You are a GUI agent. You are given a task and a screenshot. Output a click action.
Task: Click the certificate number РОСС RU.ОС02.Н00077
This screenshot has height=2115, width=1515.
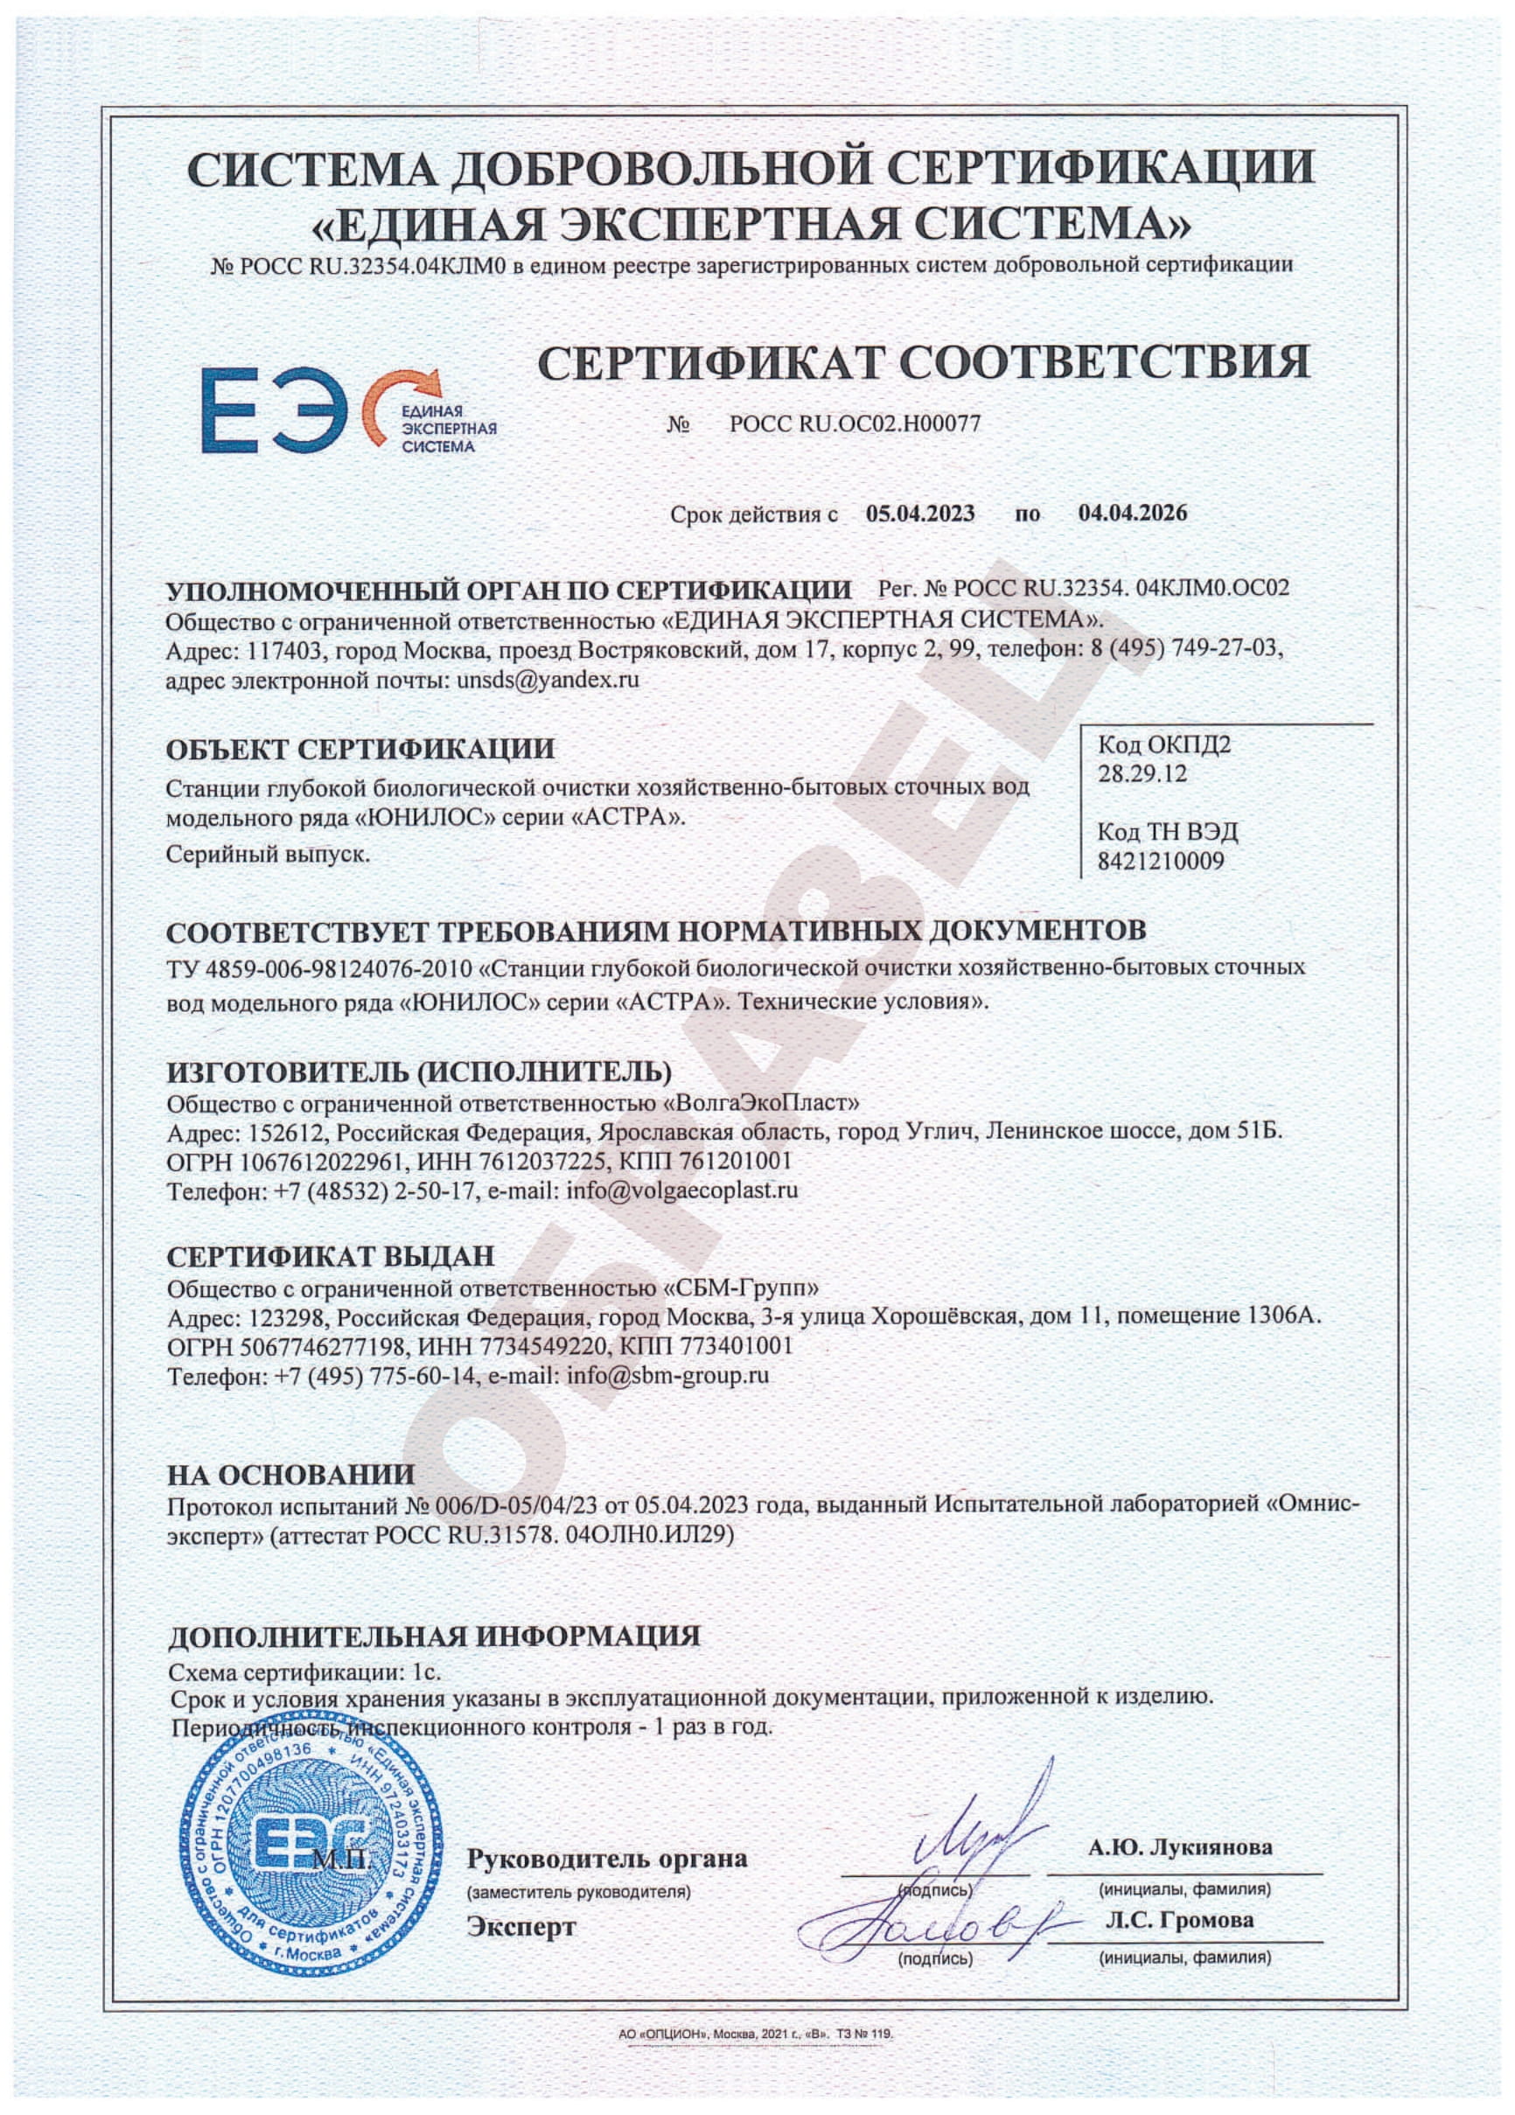pyautogui.click(x=854, y=424)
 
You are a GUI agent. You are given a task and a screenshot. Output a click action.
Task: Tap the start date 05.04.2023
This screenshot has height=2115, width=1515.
pyautogui.click(x=919, y=513)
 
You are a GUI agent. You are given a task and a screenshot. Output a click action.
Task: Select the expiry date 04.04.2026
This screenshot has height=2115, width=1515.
pyautogui.click(x=1132, y=513)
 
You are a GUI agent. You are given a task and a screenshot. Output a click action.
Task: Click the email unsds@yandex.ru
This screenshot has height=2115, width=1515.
pyautogui.click(x=548, y=679)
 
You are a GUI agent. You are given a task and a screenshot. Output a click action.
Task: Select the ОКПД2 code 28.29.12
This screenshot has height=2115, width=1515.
pyautogui.click(x=1141, y=773)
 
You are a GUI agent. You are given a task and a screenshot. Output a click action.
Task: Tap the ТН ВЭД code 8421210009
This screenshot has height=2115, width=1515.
pyautogui.click(x=1160, y=861)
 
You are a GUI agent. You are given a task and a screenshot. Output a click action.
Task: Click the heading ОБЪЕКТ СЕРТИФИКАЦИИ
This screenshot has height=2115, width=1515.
pyautogui.click(x=360, y=750)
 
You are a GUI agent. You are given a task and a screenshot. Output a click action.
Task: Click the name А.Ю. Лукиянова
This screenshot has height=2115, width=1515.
pyautogui.click(x=1179, y=1847)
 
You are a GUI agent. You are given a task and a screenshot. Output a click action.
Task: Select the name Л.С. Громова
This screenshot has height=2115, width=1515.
pyautogui.click(x=1179, y=1920)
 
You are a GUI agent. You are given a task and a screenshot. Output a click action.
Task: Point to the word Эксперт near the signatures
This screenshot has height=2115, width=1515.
pyautogui.click(x=521, y=1927)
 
